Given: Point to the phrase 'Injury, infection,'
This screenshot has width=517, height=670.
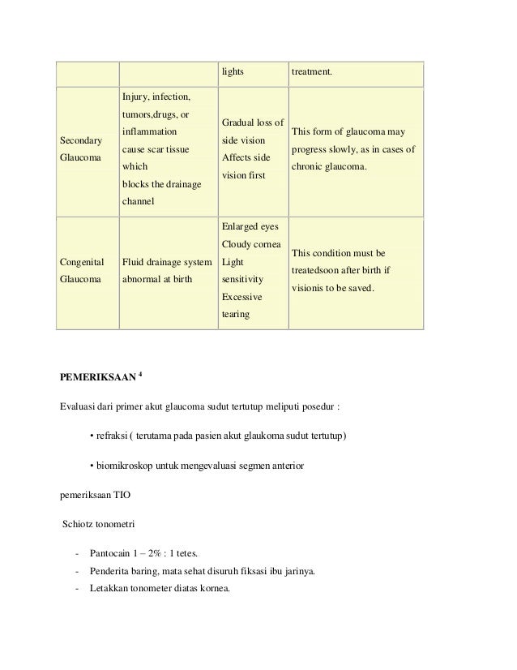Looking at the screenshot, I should tap(156, 97).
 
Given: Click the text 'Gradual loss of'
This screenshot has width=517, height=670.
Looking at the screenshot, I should tap(252, 122).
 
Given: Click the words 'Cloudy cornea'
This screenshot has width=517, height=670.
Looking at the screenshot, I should tap(251, 245).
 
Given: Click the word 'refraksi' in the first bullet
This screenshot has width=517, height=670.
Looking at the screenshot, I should tap(113, 438).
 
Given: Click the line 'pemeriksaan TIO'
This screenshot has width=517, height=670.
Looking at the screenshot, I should tap(93, 494).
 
